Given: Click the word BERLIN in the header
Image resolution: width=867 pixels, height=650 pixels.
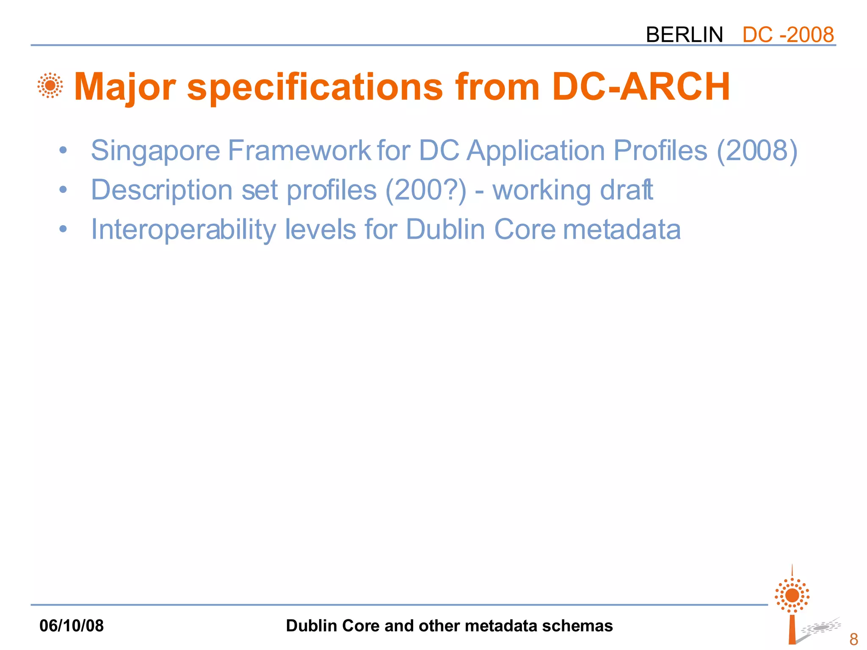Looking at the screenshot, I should (x=684, y=35).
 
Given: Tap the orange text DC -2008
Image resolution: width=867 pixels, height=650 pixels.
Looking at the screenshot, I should (x=788, y=35).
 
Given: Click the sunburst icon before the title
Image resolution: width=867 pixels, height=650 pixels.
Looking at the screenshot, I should (x=50, y=85).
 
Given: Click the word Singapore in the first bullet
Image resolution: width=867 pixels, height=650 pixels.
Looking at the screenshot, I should (x=155, y=151).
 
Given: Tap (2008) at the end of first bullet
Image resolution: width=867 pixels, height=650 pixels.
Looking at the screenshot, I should (x=757, y=151).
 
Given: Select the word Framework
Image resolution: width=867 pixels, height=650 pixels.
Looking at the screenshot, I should (x=299, y=151).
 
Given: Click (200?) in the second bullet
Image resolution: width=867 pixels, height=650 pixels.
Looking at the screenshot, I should (x=426, y=190).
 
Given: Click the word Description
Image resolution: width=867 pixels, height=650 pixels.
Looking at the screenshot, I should (x=162, y=190).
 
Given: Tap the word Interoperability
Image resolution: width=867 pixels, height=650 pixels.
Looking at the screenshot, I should (x=183, y=230).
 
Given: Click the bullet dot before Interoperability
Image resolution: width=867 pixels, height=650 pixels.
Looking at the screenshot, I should (x=63, y=229).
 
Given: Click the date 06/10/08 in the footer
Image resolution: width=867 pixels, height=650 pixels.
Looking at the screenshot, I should (x=72, y=625).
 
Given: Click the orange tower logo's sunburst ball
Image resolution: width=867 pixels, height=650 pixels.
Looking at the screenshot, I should (x=792, y=595).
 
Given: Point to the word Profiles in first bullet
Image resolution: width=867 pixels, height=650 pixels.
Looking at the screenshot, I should (x=660, y=151).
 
